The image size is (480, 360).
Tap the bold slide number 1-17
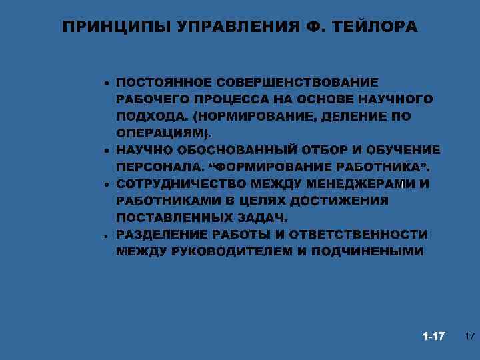434,335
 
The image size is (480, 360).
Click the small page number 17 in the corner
469,335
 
